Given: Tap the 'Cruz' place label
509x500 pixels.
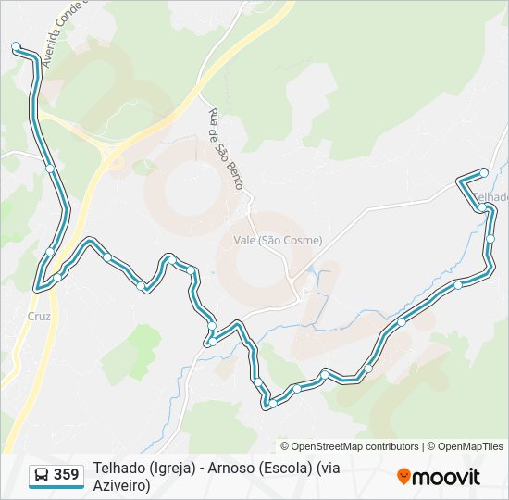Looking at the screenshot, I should tap(39, 315).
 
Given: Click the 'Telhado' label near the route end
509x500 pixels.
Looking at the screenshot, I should tap(490, 197).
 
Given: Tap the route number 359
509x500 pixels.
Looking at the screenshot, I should tap(66, 475).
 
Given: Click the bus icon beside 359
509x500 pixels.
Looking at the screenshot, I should tap(42, 476).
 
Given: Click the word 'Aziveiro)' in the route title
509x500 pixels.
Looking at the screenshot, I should tap(121, 485).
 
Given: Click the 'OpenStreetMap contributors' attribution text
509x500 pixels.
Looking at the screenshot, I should tap(354, 446).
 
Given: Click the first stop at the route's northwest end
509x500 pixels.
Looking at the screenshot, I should tap(16, 46).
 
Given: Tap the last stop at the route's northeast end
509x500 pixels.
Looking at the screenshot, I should tap(483, 172).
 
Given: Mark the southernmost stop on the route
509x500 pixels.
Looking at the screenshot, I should tap(272, 403).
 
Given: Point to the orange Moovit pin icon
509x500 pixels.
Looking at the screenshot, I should tap(403, 477).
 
